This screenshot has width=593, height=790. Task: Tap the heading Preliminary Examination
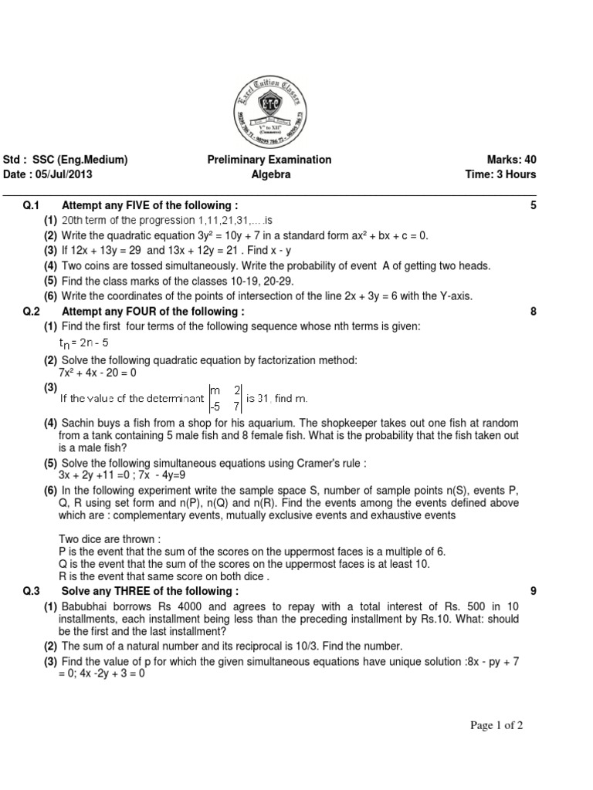pyautogui.click(x=269, y=160)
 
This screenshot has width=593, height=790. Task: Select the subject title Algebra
pyautogui.click(x=271, y=175)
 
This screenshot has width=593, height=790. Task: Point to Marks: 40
pyautogui.click(x=511, y=160)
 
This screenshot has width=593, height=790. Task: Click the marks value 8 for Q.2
pyautogui.click(x=533, y=312)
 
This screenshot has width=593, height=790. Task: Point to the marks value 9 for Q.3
pyautogui.click(x=533, y=591)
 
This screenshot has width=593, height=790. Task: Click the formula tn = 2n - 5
pyautogui.click(x=84, y=343)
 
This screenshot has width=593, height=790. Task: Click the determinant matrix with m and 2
pyautogui.click(x=225, y=398)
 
